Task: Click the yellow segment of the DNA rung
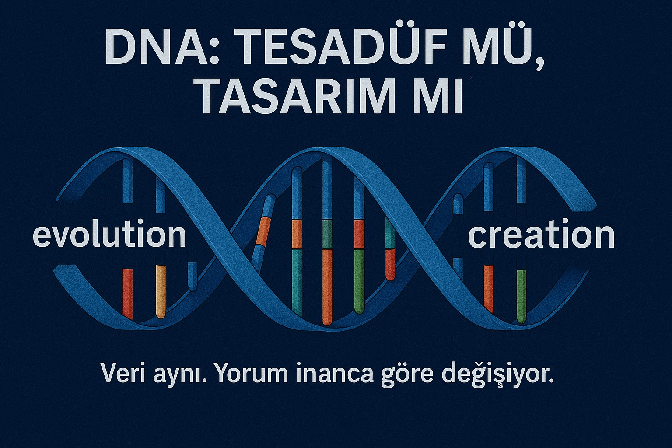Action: coord(161,291)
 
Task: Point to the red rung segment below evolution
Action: coord(127,293)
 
